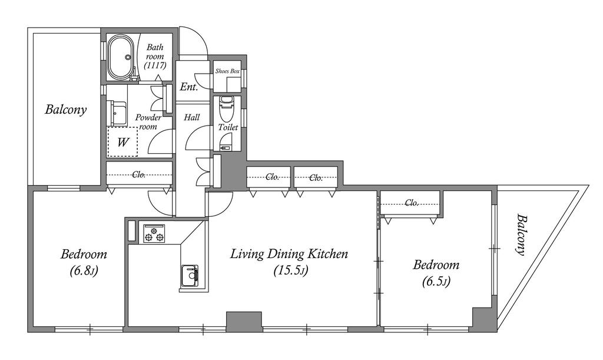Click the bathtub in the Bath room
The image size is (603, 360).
point(121,57)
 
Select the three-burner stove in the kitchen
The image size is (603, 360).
point(154,233)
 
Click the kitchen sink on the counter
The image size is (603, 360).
point(189,276)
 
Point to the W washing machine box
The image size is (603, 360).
point(122,143)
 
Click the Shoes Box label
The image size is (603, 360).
point(227,71)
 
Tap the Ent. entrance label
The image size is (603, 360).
point(189,87)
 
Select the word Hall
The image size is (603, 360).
point(191,117)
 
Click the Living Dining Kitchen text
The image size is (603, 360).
point(289,254)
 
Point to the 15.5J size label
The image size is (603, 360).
point(291,270)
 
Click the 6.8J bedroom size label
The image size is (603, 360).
point(84,271)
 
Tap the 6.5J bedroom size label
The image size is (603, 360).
point(436,282)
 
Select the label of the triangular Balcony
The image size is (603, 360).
point(521,235)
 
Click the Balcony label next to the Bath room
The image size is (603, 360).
point(66,110)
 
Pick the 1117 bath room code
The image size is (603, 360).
point(155,65)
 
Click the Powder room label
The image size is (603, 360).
point(148,122)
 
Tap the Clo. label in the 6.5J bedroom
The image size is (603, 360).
point(412,203)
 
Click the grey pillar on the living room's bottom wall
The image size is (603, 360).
point(244,322)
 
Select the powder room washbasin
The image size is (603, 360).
point(117,114)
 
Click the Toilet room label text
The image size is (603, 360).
point(228,127)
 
